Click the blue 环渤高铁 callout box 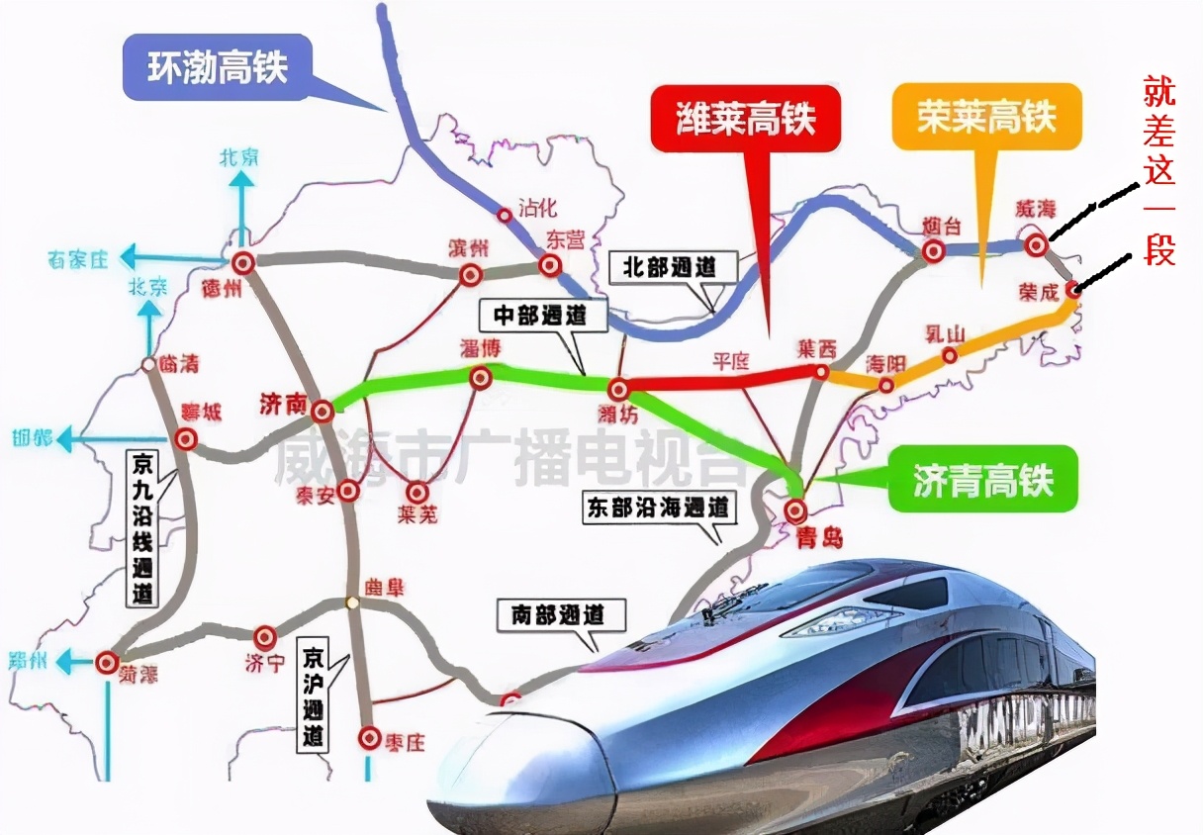pyautogui.click(x=217, y=67)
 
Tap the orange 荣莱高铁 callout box pyautogui.click(x=986, y=117)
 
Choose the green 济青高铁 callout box pyautogui.click(x=982, y=481)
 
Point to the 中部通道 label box pyautogui.click(x=539, y=316)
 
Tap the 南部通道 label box pyautogui.click(x=562, y=615)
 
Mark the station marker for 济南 pyautogui.click(x=322, y=411)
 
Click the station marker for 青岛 pyautogui.click(x=796, y=510)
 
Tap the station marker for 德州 pyautogui.click(x=243, y=263)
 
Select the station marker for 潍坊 pyautogui.click(x=618, y=389)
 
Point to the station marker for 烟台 pyautogui.click(x=932, y=252)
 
